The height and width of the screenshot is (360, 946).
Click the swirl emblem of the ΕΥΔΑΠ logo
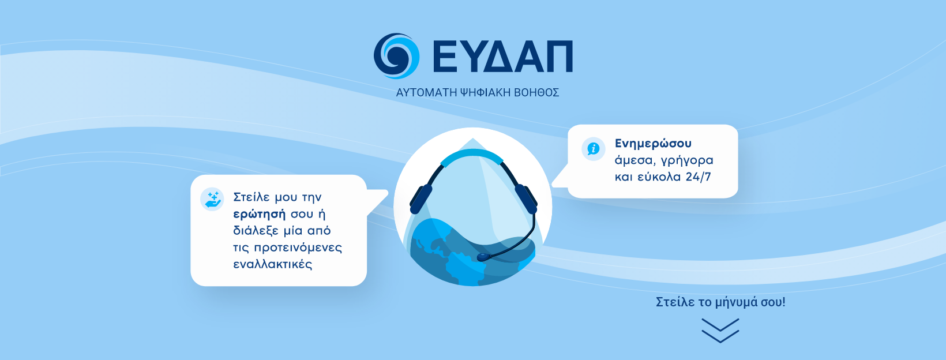[x=396, y=55]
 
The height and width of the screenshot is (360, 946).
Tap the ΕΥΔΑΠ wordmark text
[x=502, y=57]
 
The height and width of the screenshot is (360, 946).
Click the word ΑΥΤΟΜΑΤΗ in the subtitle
[x=426, y=92]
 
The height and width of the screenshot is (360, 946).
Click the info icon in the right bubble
[x=593, y=149]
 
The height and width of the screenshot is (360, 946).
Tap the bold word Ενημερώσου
[x=653, y=144]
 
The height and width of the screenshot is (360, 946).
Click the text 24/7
[x=698, y=177]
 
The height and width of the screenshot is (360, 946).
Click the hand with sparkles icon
[x=212, y=199]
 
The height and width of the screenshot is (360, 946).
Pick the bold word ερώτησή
[x=259, y=214]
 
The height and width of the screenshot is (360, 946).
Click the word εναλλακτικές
[x=272, y=265]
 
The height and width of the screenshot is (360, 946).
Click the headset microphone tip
[x=482, y=257]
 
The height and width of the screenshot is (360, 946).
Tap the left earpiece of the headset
[x=421, y=199]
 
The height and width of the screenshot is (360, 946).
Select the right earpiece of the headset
[x=526, y=198]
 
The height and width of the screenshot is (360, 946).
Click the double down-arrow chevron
[x=720, y=331]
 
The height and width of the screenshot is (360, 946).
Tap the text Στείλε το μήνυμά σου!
[x=720, y=302]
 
